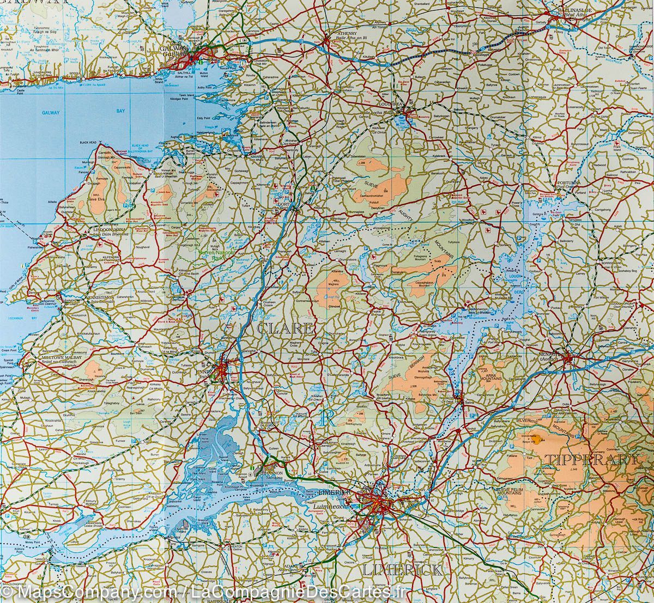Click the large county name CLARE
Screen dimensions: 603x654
(x=284, y=328)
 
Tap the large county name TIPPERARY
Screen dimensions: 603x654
(x=591, y=459)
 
